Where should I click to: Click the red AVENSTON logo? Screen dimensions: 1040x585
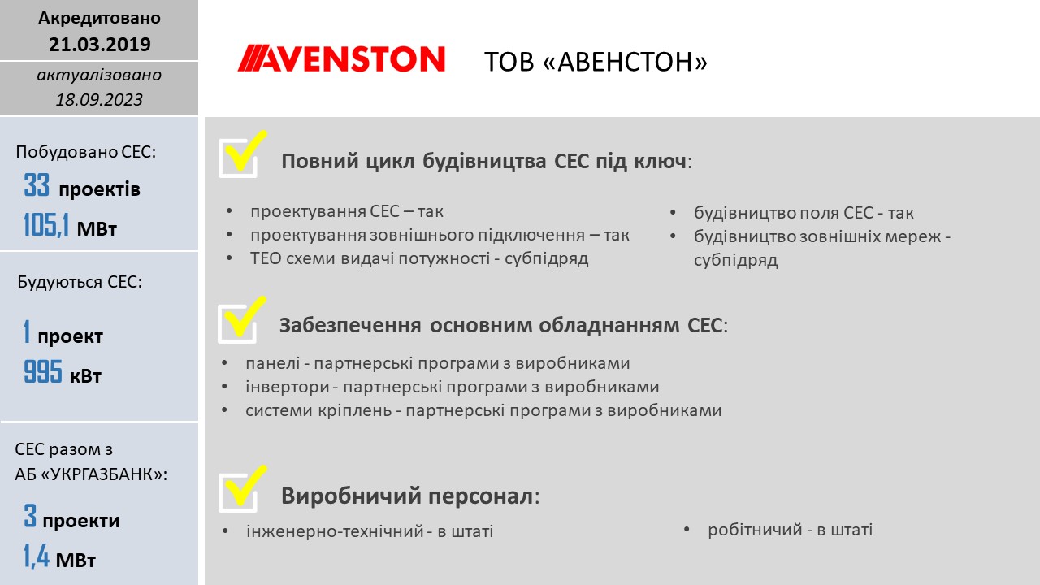click(341, 58)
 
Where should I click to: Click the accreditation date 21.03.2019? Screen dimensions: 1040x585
click(100, 44)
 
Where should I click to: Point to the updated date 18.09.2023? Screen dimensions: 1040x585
click(99, 99)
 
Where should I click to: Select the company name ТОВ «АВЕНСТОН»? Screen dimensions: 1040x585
click(596, 62)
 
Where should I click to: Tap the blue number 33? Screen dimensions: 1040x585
click(37, 184)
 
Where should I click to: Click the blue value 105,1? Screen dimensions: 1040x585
click(46, 225)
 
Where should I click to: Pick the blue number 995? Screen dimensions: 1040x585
click(43, 371)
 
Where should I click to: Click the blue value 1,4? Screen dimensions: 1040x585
click(37, 556)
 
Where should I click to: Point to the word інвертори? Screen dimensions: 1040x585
click(288, 387)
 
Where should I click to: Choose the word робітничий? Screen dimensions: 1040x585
click(755, 530)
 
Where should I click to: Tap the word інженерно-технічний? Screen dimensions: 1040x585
click(336, 531)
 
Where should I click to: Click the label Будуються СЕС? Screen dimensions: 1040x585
click(80, 282)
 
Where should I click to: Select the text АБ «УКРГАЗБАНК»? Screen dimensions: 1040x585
click(91, 474)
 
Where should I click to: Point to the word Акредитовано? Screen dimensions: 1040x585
click(99, 18)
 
